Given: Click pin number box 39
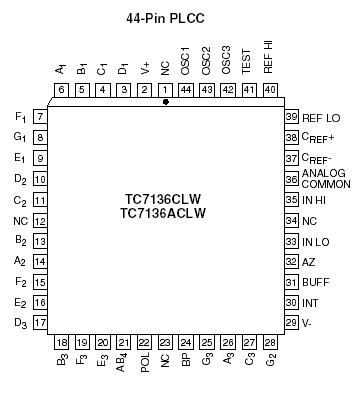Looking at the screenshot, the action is [x=292, y=117].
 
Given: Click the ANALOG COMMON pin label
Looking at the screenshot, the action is [x=323, y=178].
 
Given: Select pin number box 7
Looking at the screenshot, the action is [x=40, y=117].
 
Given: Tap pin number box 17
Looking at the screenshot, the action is [x=40, y=322].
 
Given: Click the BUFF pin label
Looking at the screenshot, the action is [x=315, y=282].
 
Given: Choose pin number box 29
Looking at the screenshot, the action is [x=292, y=322].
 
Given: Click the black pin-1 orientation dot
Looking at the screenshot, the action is [x=166, y=101].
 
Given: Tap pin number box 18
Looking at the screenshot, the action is [x=62, y=343].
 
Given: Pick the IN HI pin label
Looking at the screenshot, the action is [x=317, y=199].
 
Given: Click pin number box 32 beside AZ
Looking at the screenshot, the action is [x=292, y=261].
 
